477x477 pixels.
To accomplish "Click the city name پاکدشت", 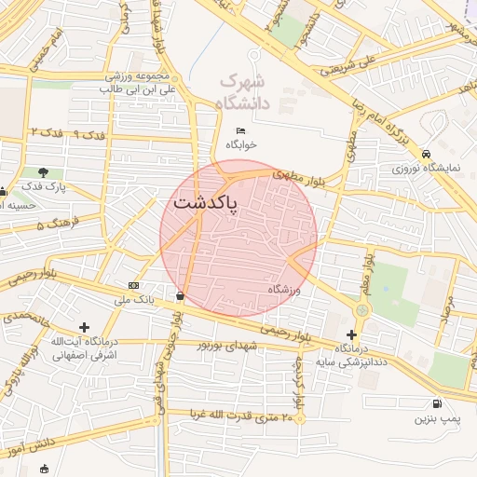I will pos(204,202).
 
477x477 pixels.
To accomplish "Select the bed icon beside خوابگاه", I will pos(240,130).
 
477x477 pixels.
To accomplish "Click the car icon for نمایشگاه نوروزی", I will pos(426,153).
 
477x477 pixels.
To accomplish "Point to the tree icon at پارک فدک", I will pos(43,171).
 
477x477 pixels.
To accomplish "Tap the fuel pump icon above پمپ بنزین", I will pos(436,403).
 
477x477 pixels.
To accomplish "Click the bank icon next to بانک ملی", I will pos(134,285).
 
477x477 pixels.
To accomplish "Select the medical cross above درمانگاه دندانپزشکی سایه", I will pos(351,334).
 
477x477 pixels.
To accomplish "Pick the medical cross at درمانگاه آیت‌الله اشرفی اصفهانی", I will pos(85,327).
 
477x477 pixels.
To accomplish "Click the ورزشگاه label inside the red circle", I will pos(286,290).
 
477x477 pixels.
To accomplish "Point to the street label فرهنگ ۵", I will pos(54,225).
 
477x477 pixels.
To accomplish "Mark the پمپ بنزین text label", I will pos(438,420).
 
